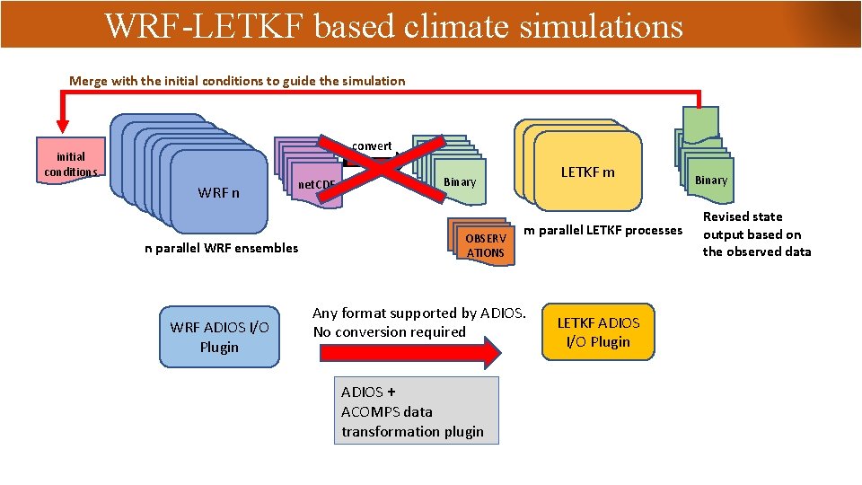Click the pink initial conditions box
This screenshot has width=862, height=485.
70,162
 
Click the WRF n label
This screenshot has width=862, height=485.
218,192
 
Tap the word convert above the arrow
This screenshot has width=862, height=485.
371,145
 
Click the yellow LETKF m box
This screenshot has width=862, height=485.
588,172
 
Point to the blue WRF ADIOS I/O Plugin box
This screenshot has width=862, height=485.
219,337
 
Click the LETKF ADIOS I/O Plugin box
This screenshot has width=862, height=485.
598,332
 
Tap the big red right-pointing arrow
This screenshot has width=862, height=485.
409,353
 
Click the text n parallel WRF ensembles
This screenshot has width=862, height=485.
221,248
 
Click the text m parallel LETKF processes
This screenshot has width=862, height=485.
603,230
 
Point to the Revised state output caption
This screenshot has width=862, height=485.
756,234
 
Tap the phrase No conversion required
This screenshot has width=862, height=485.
389,331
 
